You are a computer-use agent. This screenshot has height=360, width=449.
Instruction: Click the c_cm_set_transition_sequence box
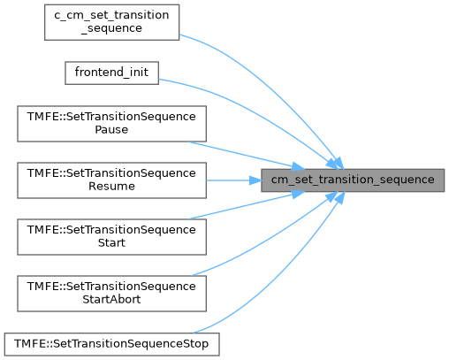[111, 22]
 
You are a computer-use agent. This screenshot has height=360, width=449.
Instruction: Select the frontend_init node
[111, 73]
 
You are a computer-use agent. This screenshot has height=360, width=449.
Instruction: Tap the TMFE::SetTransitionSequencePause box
[111, 124]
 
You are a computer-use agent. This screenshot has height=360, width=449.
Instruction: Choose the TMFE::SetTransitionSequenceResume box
[111, 180]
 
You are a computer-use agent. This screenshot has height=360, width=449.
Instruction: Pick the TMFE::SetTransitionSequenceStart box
[111, 237]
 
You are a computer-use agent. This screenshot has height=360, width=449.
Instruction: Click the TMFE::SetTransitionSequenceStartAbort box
[111, 294]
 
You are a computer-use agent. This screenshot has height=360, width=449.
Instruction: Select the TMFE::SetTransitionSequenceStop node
[111, 344]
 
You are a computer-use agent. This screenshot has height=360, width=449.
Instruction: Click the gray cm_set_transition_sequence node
[353, 180]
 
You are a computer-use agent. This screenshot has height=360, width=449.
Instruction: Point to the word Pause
[111, 130]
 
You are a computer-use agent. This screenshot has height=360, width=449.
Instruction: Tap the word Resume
[111, 187]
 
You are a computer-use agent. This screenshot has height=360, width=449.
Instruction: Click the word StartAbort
[111, 300]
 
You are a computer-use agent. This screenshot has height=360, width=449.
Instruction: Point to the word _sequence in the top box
[111, 28]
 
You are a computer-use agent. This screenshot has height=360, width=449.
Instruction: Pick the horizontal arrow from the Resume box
[233, 180]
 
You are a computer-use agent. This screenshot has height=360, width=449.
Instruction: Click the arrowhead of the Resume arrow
[255, 180]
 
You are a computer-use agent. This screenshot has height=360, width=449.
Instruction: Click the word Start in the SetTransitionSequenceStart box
[111, 243]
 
